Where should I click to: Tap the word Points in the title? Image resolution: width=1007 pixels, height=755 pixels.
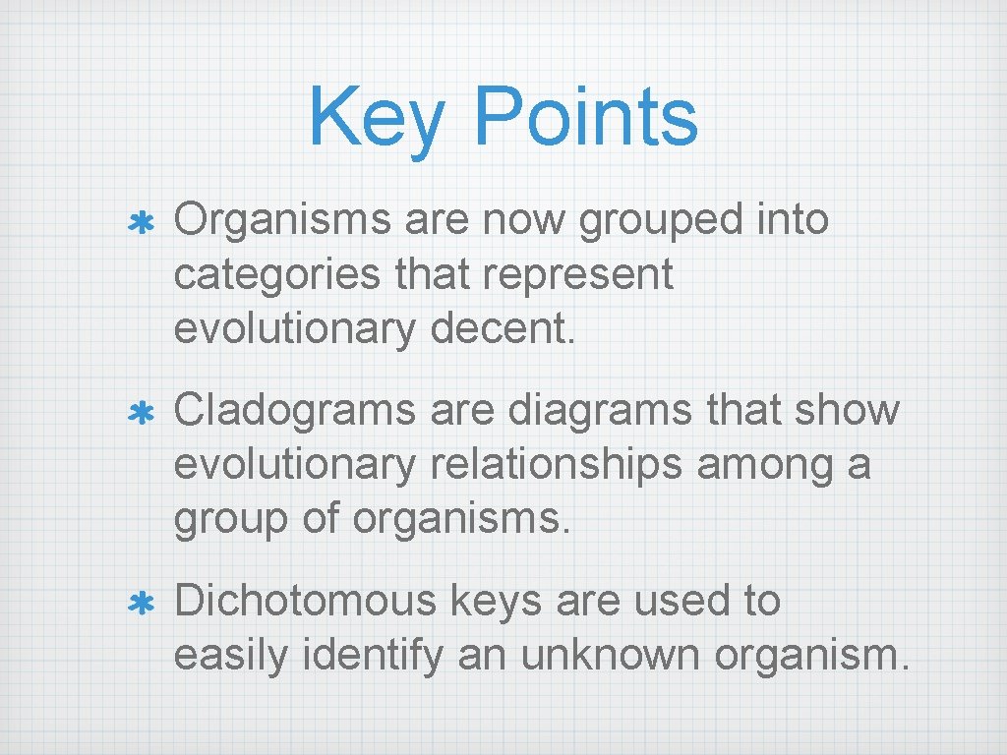click(x=585, y=116)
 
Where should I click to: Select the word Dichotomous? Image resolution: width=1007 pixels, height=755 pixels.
click(x=304, y=600)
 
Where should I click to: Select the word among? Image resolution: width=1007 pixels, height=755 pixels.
click(x=761, y=465)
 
